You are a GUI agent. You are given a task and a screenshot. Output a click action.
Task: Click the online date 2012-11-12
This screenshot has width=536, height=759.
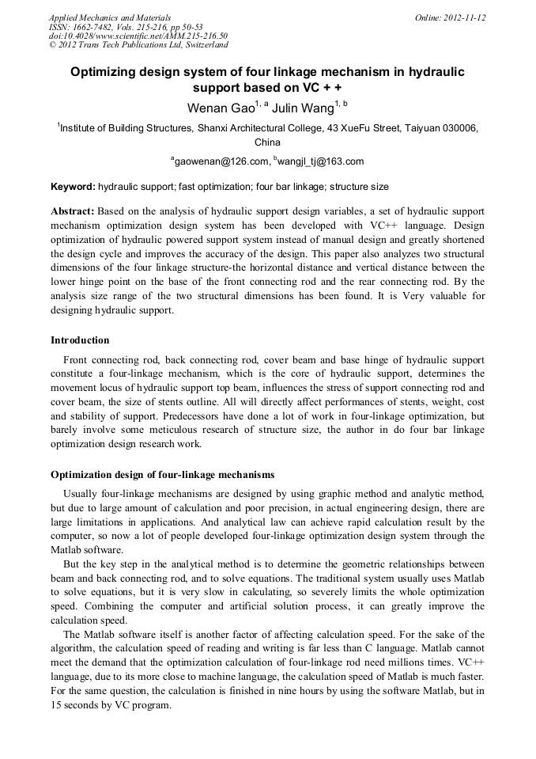click(x=464, y=17)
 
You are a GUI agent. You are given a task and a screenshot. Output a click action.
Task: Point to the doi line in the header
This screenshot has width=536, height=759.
click(x=138, y=36)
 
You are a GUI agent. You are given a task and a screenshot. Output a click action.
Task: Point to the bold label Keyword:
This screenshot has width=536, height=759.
click(x=72, y=188)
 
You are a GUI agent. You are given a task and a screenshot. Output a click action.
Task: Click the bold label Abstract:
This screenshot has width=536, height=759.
click(x=73, y=212)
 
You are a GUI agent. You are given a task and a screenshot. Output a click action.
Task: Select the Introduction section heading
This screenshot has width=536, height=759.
click(x=80, y=340)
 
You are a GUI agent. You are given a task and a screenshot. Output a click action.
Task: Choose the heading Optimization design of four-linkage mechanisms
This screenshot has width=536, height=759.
click(x=163, y=475)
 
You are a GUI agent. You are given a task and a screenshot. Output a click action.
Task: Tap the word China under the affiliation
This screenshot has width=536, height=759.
click(x=267, y=142)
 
